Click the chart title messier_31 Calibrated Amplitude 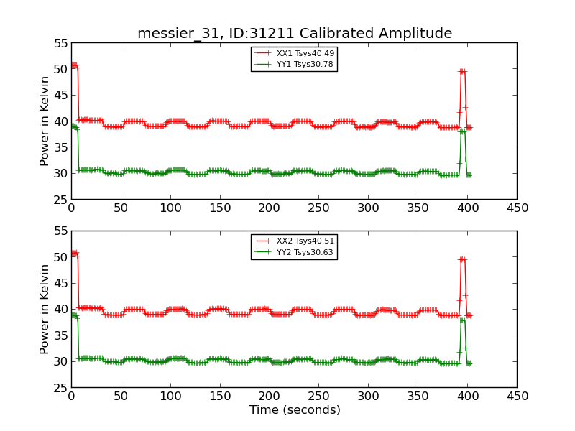coord(295,34)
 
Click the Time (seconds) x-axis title coord(295,410)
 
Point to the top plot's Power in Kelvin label coord(45,121)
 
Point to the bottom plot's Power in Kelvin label coord(45,309)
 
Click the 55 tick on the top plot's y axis coord(60,43)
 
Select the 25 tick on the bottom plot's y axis coord(60,387)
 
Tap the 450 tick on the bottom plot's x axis coord(517,396)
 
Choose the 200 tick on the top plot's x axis coord(269,208)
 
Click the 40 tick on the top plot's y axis coord(60,121)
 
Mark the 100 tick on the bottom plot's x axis coord(170,396)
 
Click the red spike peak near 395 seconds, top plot coord(463,72)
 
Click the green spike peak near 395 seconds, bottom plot coord(463,320)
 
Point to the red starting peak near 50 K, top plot coord(74,65)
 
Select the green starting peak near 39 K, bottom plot coord(74,315)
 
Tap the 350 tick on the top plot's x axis coord(418,208)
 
